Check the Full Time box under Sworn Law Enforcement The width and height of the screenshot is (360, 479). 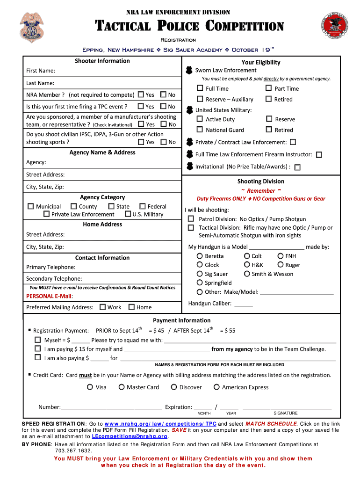[x=200, y=88]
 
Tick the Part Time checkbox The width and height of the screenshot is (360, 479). [x=269, y=88]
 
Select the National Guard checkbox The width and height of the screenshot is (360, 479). [x=200, y=130]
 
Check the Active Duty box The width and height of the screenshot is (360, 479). [x=200, y=119]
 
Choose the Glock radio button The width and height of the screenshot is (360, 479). [x=200, y=265]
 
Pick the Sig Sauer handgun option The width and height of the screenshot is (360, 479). [x=200, y=274]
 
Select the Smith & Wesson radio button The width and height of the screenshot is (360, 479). [x=247, y=274]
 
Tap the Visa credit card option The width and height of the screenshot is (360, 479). [x=90, y=387]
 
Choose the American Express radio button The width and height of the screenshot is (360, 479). [x=216, y=387]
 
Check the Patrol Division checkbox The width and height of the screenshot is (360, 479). [x=191, y=218]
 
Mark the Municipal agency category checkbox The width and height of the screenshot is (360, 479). [x=31, y=206]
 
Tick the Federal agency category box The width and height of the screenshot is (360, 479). [x=142, y=206]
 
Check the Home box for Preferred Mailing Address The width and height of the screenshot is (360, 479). [x=131, y=307]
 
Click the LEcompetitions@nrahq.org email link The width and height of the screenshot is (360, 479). [x=130, y=436]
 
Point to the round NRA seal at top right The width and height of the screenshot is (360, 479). [x=335, y=27]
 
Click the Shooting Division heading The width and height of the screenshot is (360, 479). [x=260, y=181]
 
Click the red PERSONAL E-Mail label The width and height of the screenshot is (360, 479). [x=50, y=296]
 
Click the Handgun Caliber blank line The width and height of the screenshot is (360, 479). [x=243, y=304]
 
